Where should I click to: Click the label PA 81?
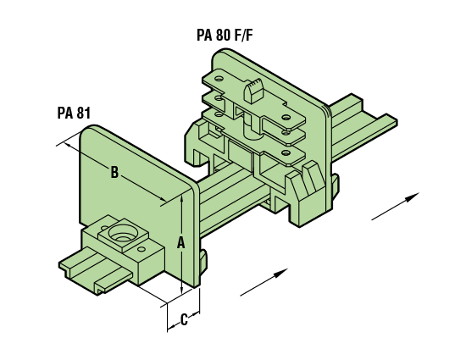click(x=74, y=114)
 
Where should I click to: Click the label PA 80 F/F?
click(x=225, y=35)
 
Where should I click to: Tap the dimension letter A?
click(x=180, y=242)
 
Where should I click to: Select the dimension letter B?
click(x=114, y=172)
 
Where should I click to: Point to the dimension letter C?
click(x=184, y=319)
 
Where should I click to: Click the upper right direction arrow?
click(x=396, y=206)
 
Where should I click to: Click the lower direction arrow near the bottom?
click(x=264, y=282)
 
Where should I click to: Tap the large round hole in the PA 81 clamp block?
click(x=122, y=233)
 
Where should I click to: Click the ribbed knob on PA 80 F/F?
click(x=253, y=91)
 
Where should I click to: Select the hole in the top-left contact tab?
click(x=219, y=80)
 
